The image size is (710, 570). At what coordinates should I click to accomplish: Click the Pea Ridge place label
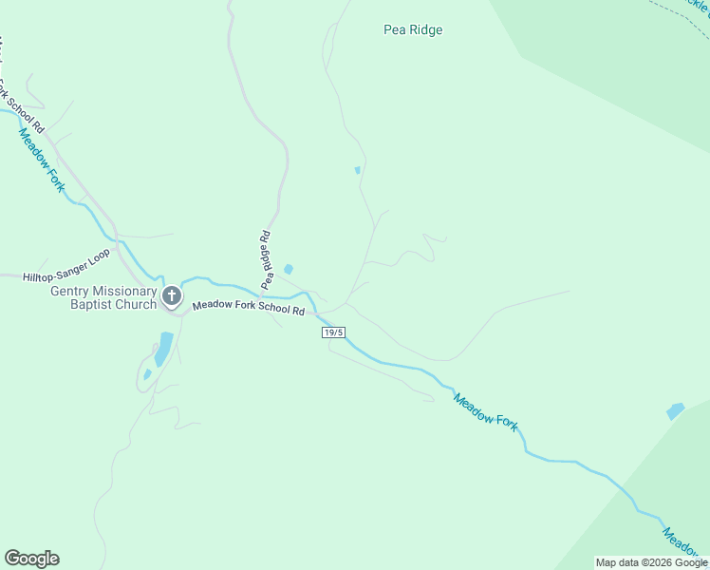point(413,29)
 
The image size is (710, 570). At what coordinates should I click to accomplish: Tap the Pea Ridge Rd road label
point(268,259)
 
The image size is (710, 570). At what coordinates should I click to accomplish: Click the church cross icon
point(172,296)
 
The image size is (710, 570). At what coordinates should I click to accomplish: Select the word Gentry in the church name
point(73,291)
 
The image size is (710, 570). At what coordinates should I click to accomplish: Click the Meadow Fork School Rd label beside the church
point(248,308)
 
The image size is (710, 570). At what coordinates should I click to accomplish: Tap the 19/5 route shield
point(333,332)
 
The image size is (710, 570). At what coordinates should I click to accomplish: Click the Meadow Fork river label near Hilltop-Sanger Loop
point(42,158)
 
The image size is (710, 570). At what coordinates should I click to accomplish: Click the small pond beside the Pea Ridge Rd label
point(289,269)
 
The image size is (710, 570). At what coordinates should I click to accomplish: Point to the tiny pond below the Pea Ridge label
point(357,170)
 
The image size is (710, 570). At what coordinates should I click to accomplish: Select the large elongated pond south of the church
point(164,348)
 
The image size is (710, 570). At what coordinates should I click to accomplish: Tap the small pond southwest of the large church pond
point(147,374)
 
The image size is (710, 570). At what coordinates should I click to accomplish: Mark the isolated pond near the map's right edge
point(675,411)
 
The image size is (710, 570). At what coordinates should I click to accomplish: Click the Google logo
point(31,559)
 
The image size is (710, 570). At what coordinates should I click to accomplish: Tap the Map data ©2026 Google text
point(651,562)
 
